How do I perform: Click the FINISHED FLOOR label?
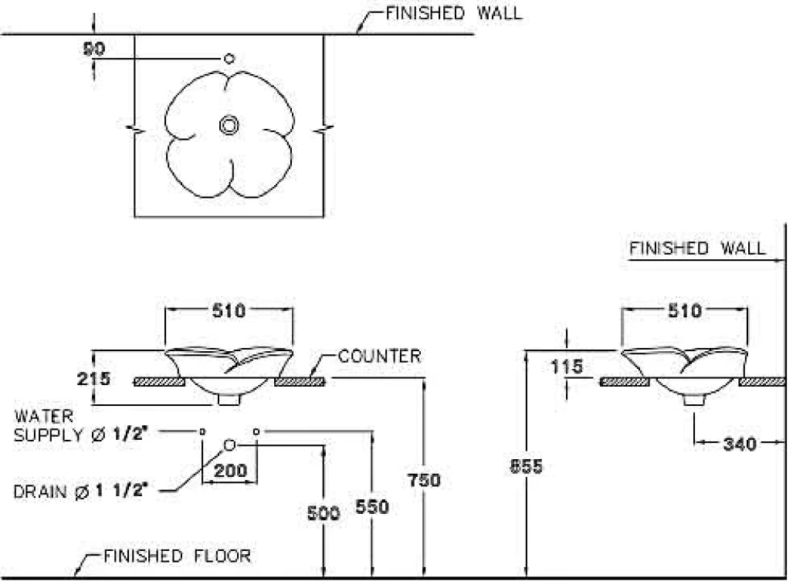click(x=177, y=556)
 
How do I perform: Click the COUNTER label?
click(x=380, y=357)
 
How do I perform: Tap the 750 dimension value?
click(x=424, y=480)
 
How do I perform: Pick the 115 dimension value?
click(x=568, y=367)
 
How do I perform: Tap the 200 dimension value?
click(x=230, y=470)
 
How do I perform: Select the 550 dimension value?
click(x=372, y=507)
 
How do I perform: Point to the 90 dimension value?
click(x=94, y=49)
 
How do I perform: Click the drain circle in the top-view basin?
click(x=229, y=125)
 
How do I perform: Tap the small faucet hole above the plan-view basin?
click(x=229, y=59)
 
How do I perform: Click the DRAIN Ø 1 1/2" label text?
click(x=80, y=491)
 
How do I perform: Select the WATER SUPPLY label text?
click(x=80, y=425)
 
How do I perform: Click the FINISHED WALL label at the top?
click(x=453, y=12)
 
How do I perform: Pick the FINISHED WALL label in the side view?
click(x=697, y=248)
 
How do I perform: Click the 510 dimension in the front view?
click(x=229, y=311)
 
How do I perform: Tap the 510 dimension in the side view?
click(x=684, y=311)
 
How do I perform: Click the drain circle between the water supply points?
click(x=229, y=444)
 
